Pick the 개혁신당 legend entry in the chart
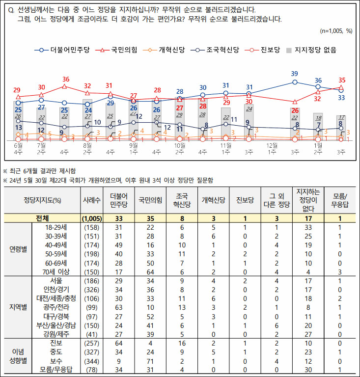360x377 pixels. pos(167,50)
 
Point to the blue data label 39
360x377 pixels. pos(294,74)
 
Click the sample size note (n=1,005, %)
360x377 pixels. pos(336,30)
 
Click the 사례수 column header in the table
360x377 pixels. pos(92,200)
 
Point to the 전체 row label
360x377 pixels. pos(41,218)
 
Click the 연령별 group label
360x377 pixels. pos(18,249)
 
